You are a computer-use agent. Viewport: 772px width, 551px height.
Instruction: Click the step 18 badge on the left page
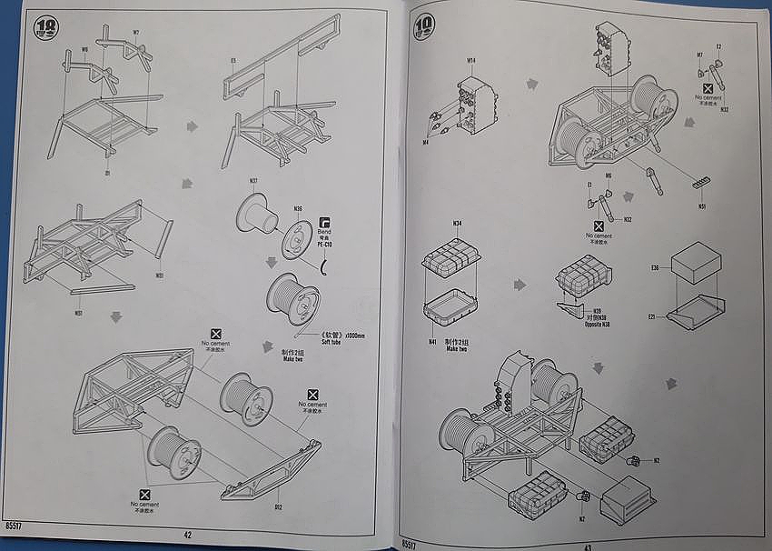(x=44, y=29)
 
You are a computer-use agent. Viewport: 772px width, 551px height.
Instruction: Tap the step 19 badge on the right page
(x=424, y=27)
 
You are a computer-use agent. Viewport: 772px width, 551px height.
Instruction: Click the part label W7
(x=135, y=33)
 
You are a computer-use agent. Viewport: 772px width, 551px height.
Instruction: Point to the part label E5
(x=233, y=61)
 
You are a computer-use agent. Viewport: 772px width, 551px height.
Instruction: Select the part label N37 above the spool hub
(x=253, y=180)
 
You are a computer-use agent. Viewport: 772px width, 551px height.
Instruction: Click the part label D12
(x=278, y=507)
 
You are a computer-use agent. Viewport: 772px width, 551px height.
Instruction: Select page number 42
(x=187, y=535)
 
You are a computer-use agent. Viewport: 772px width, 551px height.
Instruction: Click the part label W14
(x=471, y=62)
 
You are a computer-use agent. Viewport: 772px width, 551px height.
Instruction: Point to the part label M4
(x=425, y=142)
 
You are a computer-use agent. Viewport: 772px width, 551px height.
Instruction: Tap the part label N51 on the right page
(x=703, y=205)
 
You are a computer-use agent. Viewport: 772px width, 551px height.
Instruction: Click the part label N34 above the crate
(x=457, y=223)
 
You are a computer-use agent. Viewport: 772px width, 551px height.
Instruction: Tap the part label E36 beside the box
(x=654, y=268)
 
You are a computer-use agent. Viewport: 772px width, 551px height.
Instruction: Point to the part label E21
(x=652, y=316)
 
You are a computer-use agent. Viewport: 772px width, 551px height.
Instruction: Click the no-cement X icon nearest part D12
(x=314, y=395)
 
